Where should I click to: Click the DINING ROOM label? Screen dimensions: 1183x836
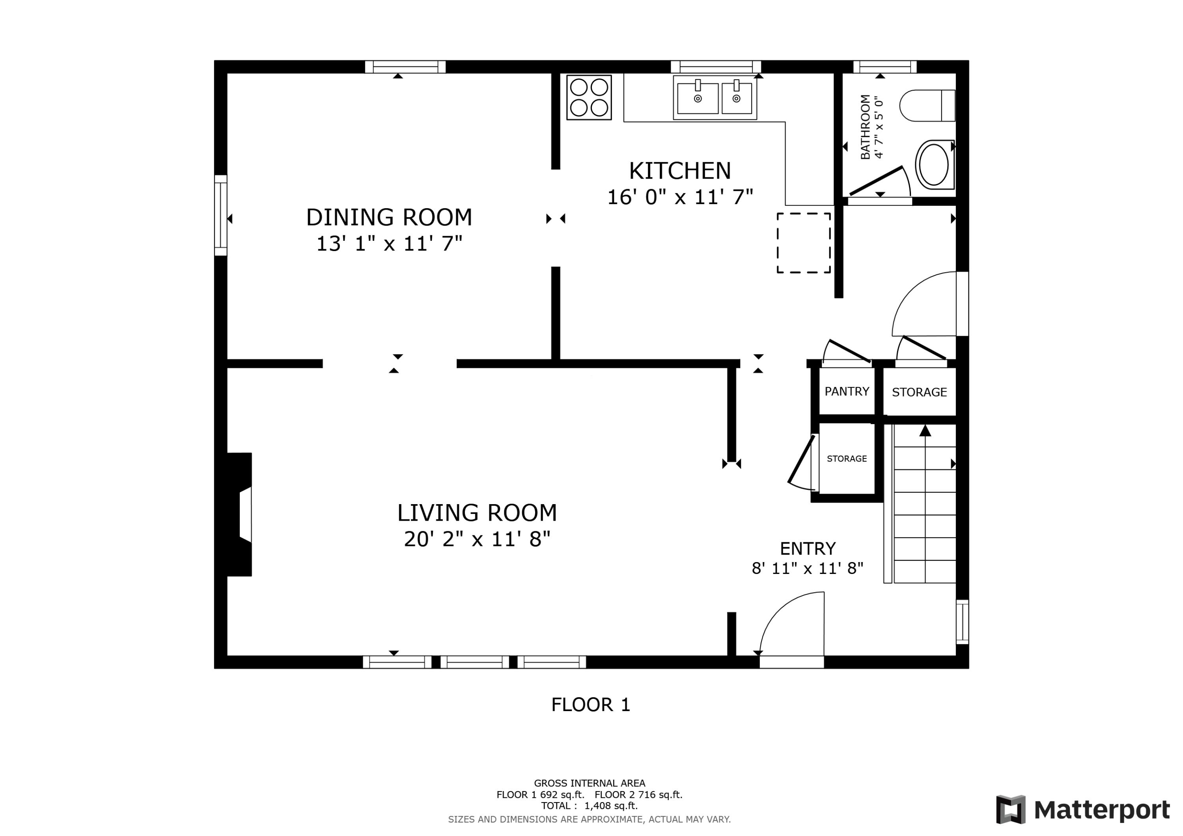[389, 217]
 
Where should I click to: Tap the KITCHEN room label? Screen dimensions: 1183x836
[679, 171]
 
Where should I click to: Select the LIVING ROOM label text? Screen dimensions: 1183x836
[477, 513]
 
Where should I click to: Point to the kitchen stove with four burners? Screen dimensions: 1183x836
[589, 98]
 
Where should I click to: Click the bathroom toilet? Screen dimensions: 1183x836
[927, 106]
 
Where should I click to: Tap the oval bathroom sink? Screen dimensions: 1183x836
[935, 165]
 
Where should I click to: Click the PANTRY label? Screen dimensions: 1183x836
[847, 391]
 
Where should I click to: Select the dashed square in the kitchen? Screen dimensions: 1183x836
[804, 243]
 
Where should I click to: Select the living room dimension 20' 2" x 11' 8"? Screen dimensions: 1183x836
[477, 539]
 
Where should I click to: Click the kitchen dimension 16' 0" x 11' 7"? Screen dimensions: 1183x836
[680, 197]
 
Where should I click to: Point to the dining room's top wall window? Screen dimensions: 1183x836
[405, 67]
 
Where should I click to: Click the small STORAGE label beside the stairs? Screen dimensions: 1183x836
[847, 459]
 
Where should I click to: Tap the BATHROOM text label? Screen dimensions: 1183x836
[865, 127]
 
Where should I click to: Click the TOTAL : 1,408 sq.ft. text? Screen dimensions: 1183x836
[590, 806]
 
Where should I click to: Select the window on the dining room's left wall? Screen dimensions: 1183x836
[220, 215]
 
